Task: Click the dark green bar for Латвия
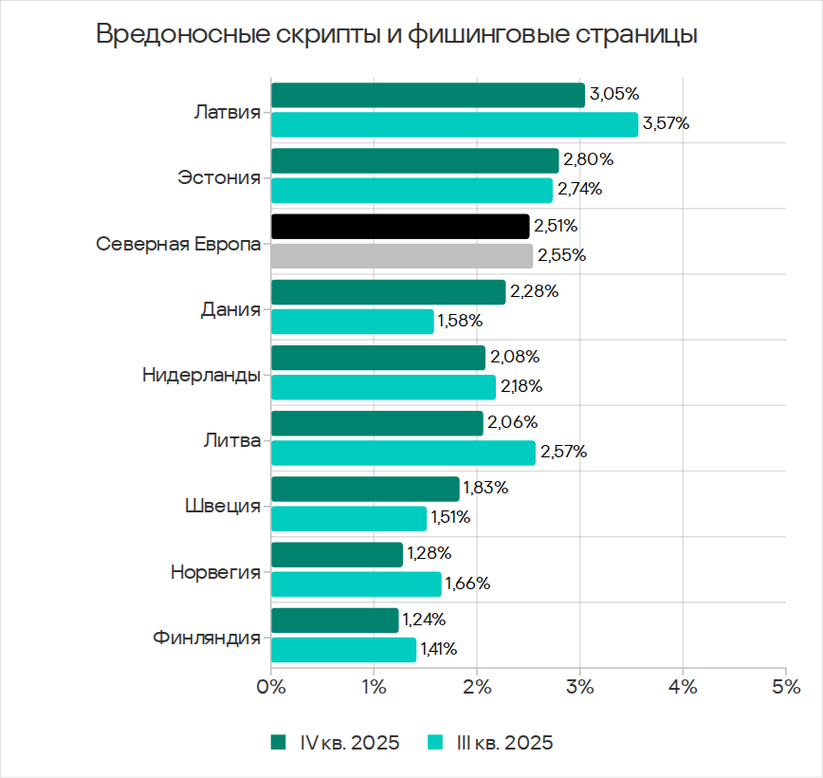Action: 428,95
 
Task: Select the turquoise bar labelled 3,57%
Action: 454,124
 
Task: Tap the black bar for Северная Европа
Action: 400,226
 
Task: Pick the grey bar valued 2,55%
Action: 402,255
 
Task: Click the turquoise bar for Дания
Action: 352,321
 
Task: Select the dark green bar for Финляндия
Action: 335,621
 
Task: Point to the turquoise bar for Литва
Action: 403,453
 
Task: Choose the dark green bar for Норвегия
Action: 337,554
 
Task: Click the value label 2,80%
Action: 587,159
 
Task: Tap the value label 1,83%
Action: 485,488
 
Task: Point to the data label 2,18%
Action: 521,386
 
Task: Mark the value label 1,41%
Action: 440,649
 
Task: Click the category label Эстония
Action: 219,176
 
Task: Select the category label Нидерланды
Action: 201,374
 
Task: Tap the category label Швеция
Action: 222,505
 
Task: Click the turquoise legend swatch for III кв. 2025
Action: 436,742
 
